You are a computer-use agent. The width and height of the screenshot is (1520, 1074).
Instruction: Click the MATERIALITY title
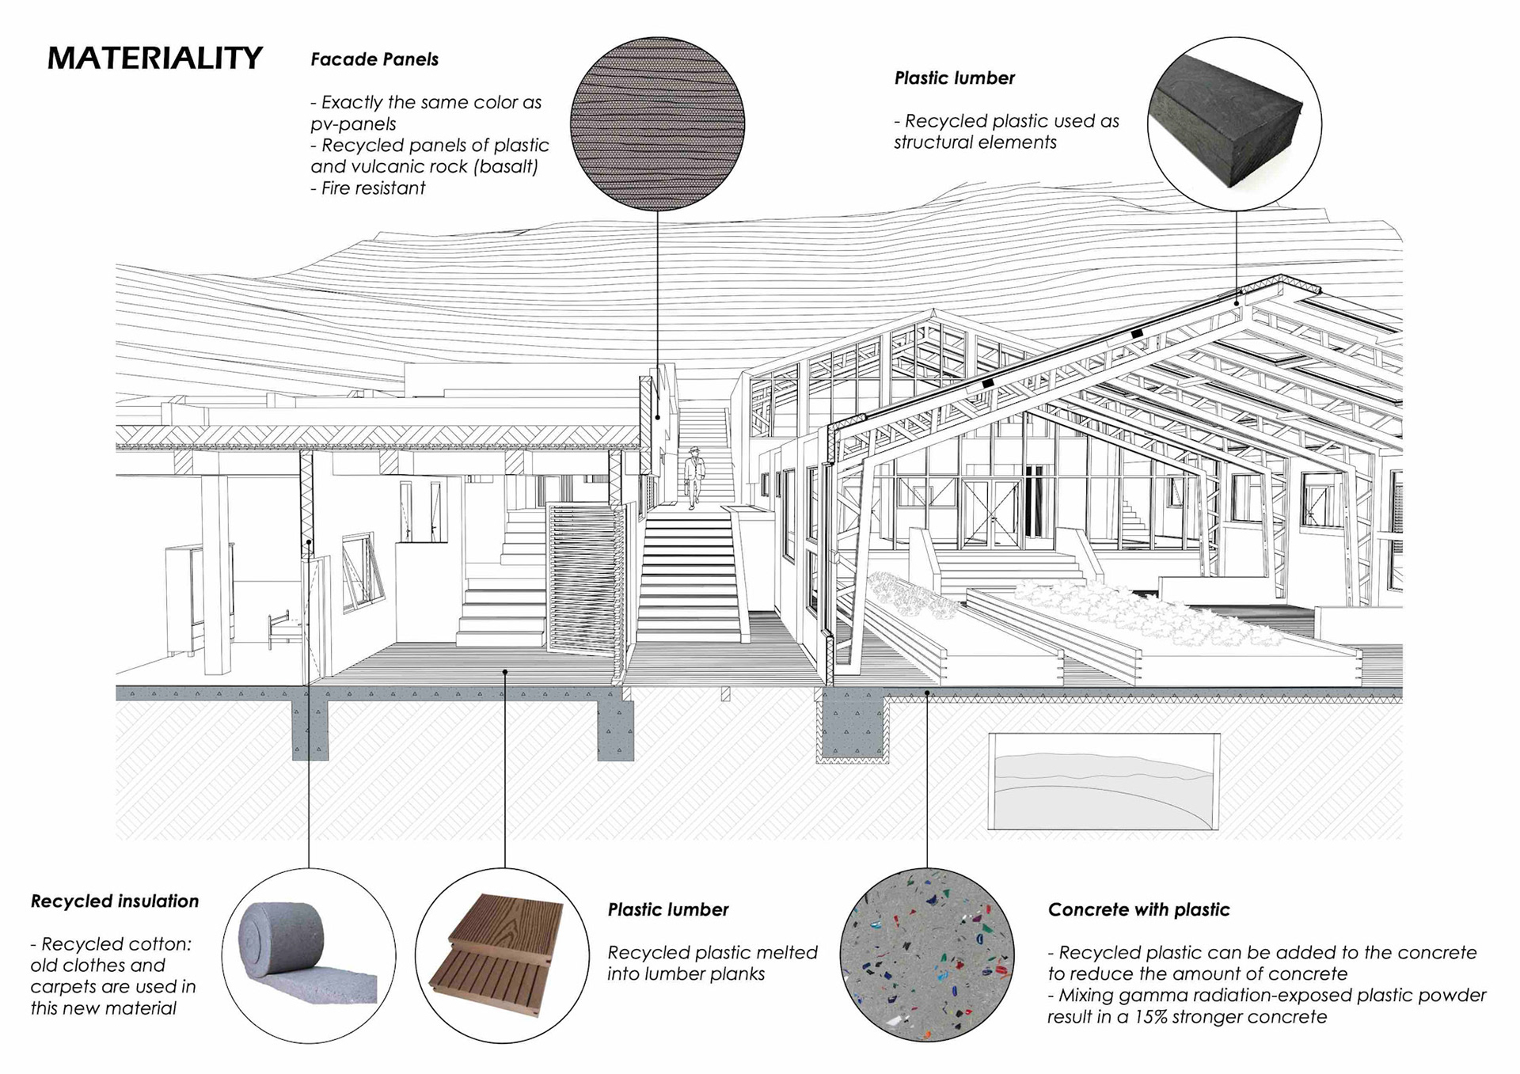154,59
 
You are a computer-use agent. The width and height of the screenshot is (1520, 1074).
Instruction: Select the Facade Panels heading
374,59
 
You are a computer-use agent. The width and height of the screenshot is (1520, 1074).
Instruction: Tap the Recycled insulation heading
115,901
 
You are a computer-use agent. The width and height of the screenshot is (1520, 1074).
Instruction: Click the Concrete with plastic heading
1138,910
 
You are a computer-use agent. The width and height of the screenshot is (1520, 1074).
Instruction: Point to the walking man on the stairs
693,477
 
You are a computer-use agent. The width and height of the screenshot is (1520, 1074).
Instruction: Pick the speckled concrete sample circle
926,954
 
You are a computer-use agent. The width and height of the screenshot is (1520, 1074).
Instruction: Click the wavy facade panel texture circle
657,123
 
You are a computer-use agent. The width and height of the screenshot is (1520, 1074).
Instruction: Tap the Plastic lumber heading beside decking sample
667,910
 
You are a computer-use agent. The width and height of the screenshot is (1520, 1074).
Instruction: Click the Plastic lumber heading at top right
954,78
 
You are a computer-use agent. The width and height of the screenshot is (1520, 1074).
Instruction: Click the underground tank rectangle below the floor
1104,781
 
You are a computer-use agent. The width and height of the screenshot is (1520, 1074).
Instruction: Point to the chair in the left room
282,629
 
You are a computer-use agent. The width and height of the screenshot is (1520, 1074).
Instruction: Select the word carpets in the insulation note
63,987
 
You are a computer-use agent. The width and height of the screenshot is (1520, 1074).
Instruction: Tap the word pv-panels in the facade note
353,124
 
